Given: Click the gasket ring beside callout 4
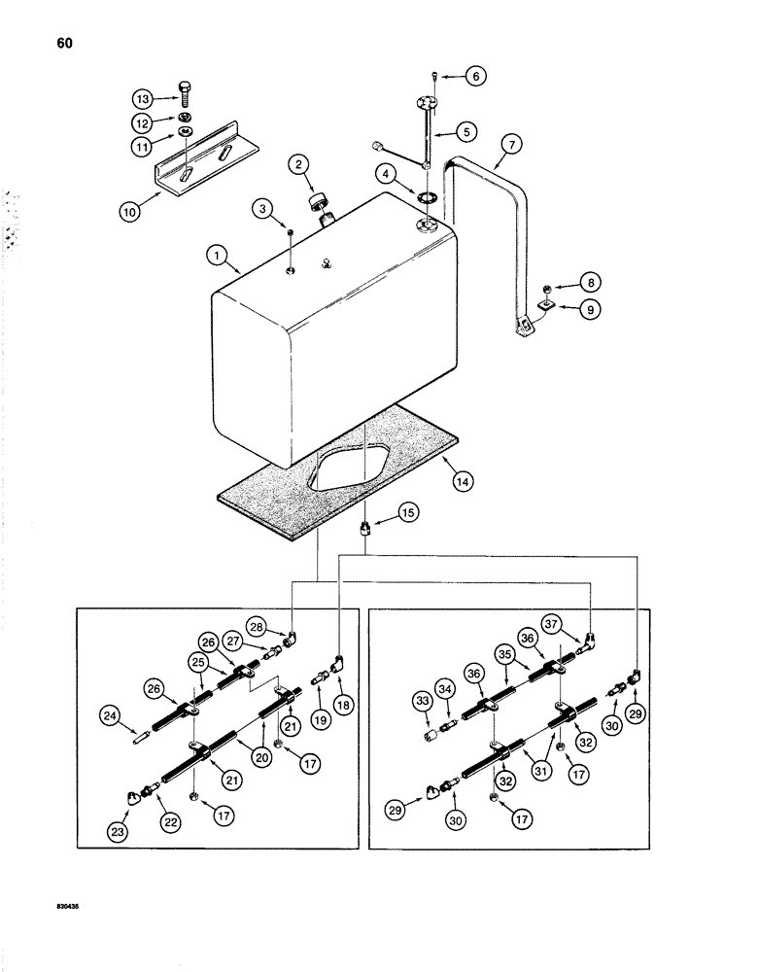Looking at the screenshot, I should (427, 198).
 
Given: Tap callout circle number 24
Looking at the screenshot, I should (112, 716).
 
